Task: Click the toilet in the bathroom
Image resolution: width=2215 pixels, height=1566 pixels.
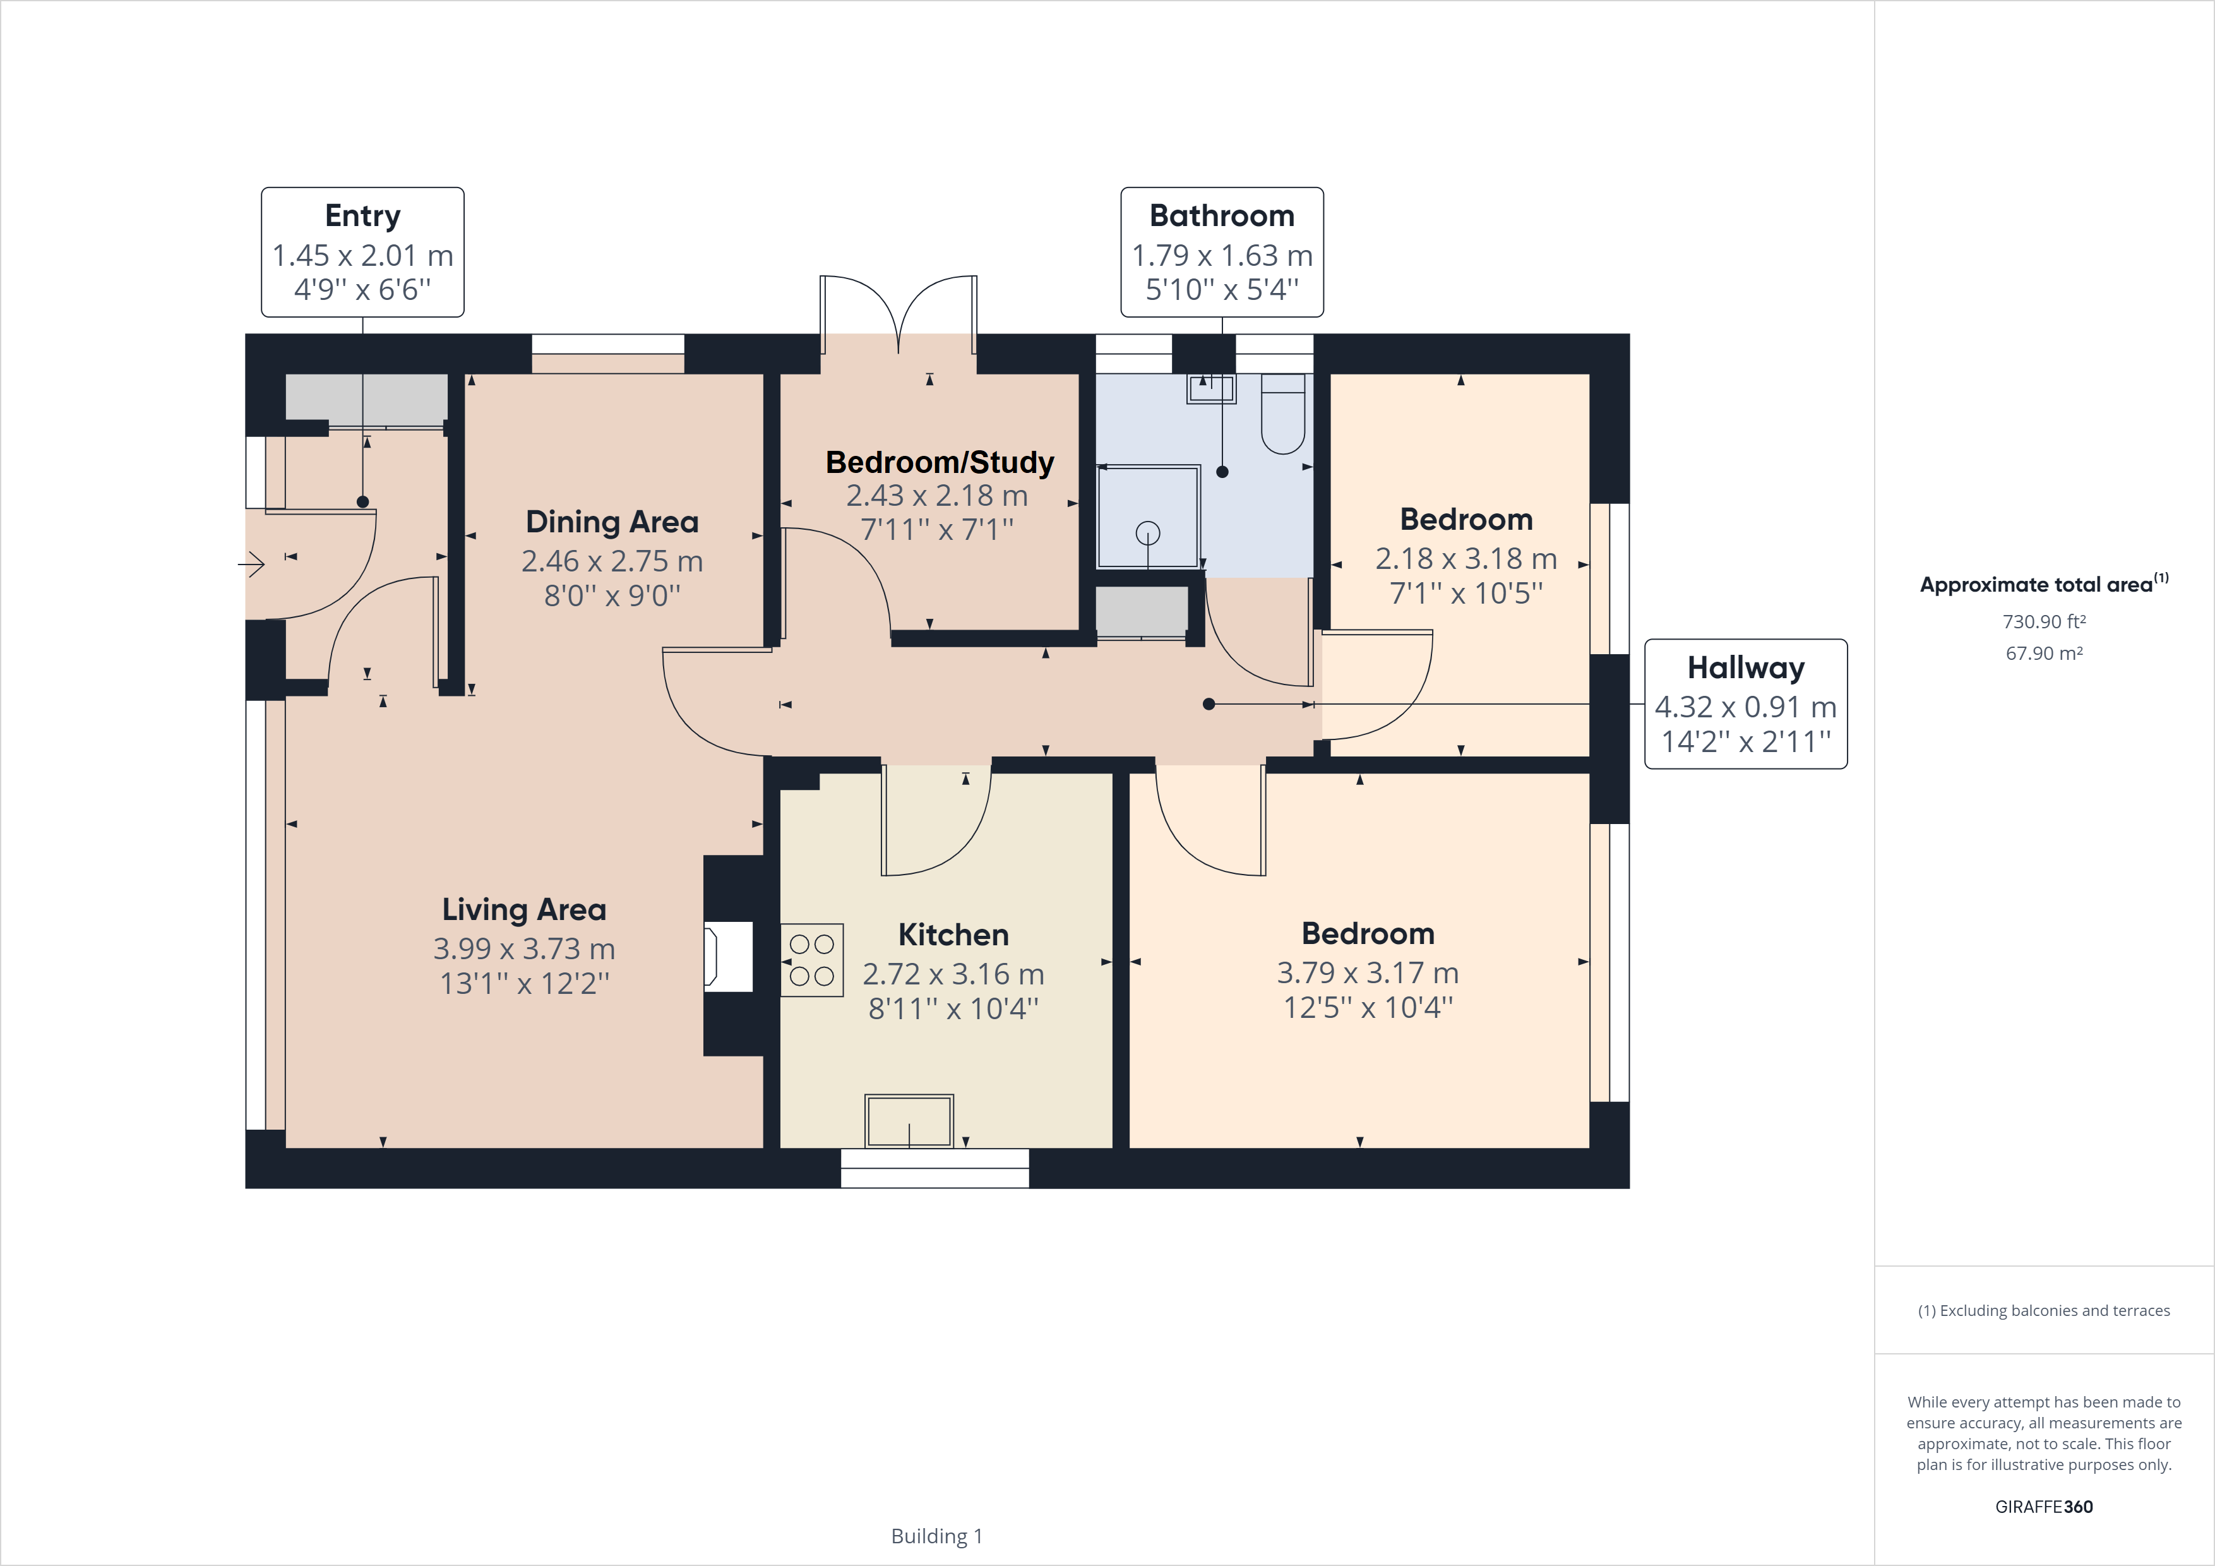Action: [x=1283, y=415]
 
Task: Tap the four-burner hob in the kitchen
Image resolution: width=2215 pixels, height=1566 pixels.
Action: [x=811, y=960]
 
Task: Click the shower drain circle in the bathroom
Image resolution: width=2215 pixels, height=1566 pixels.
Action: [x=1148, y=532]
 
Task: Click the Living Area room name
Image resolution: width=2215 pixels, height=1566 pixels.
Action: [x=524, y=909]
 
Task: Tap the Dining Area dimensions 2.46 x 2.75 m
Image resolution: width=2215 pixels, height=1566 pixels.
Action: [x=612, y=561]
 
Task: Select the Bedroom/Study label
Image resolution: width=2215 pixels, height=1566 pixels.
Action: [x=939, y=462]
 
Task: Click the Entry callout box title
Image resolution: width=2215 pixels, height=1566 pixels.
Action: [x=362, y=215]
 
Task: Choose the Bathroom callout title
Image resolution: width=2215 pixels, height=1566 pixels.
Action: [x=1221, y=215]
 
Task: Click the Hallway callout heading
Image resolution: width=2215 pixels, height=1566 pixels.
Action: [x=1745, y=667]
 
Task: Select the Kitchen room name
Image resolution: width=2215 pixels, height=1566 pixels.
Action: [x=953, y=934]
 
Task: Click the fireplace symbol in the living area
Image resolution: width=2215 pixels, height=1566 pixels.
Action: [x=729, y=956]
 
